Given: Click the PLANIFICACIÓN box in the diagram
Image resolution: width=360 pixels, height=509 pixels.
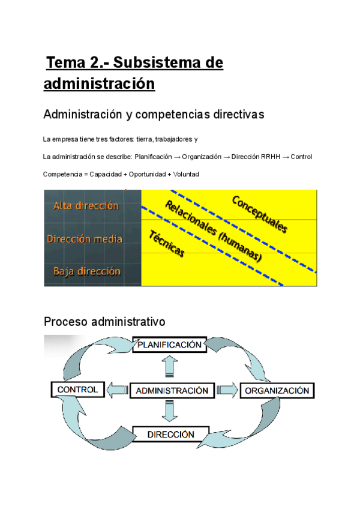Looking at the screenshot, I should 169,346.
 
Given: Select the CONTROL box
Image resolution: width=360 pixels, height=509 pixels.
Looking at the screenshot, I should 77,390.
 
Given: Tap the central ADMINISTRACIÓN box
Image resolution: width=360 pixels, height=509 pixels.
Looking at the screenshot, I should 172,390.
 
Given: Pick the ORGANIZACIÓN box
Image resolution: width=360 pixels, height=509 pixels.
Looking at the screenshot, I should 277,391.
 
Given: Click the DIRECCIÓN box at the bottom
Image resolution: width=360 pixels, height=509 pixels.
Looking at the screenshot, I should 170,434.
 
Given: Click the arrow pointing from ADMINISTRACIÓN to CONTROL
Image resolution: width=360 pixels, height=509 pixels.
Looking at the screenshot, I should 117,390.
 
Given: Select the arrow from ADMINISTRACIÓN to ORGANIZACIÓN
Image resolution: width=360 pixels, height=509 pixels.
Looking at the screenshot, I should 227,391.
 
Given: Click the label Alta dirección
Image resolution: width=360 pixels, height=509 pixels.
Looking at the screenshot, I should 86,206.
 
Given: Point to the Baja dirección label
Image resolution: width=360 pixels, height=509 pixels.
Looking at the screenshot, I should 86,271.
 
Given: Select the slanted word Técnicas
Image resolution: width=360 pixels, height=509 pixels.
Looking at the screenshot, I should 166,244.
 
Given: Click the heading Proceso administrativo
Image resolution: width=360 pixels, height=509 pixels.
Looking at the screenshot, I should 104,322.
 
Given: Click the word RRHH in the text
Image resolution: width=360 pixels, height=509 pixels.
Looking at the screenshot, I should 268,157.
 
